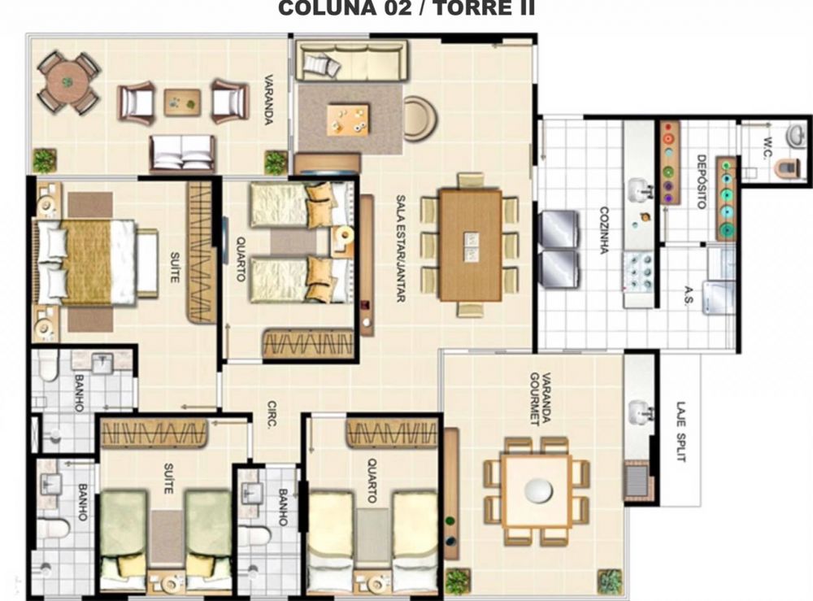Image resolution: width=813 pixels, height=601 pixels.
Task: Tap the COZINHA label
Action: (x=604, y=230)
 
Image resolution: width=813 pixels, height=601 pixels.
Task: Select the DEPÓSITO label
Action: (x=702, y=181)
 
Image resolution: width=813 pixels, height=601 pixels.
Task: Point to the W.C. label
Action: (x=768, y=148)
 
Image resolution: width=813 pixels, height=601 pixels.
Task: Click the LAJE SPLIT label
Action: (x=681, y=432)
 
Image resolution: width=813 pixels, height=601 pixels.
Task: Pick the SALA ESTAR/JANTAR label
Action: (x=401, y=248)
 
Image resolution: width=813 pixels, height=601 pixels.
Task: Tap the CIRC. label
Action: (x=272, y=413)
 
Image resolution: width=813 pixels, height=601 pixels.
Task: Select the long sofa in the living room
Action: (x=351, y=60)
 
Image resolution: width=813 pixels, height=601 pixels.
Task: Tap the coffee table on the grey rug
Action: (x=348, y=120)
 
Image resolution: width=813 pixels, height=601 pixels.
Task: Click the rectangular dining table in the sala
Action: (x=470, y=246)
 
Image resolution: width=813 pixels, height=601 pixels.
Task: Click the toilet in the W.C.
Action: (x=788, y=168)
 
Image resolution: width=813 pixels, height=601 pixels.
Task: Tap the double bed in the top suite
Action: (x=95, y=262)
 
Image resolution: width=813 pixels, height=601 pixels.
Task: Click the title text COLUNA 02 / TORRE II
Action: (x=406, y=8)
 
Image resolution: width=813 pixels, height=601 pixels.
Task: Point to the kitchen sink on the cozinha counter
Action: (x=640, y=189)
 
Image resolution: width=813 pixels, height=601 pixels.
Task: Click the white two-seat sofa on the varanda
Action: (x=182, y=154)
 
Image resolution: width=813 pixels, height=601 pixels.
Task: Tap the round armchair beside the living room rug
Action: (x=420, y=118)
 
